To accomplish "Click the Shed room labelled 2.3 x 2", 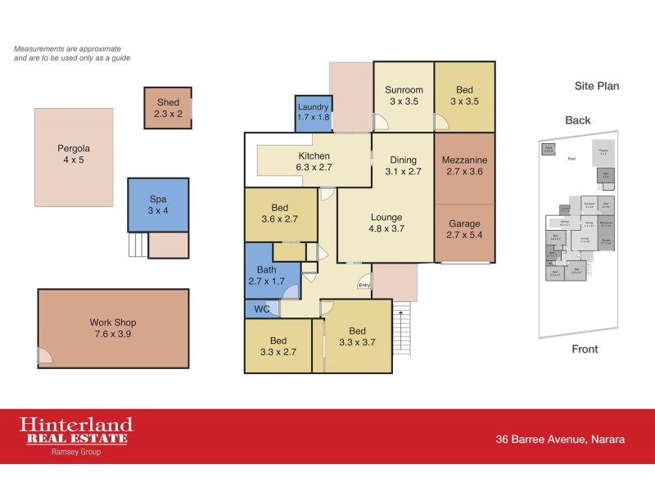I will pyautogui.click(x=168, y=108).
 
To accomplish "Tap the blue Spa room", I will pyautogui.click(x=158, y=205).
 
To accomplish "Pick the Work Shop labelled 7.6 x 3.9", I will pyautogui.click(x=113, y=328).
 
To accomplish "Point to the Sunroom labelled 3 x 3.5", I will pyautogui.click(x=404, y=96).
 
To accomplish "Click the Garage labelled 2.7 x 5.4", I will pyautogui.click(x=464, y=230).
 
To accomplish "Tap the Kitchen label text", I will pyautogui.click(x=314, y=156).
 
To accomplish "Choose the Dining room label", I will pyautogui.click(x=404, y=160).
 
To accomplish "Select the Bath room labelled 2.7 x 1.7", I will pyautogui.click(x=266, y=275).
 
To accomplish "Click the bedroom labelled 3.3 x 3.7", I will pyautogui.click(x=356, y=336).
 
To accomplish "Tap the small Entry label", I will pyautogui.click(x=364, y=286).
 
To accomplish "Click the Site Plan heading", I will pyautogui.click(x=596, y=85).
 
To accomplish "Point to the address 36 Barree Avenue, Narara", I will pyautogui.click(x=560, y=439).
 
